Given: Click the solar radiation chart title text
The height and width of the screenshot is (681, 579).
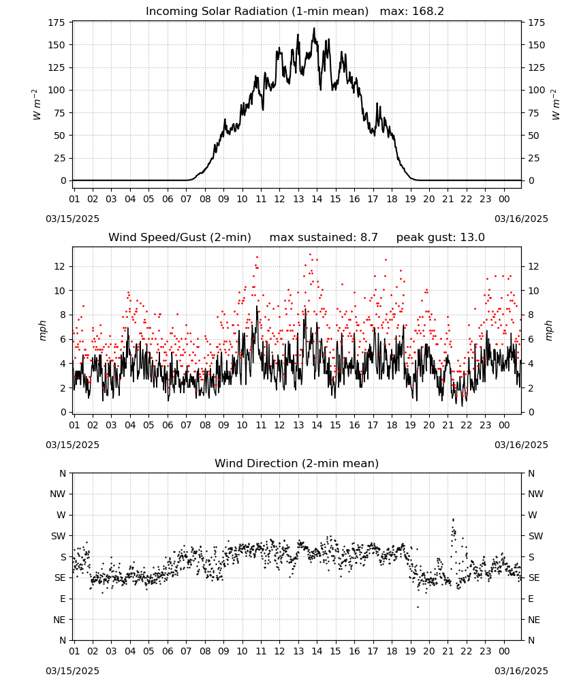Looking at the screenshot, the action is [x=257, y=12].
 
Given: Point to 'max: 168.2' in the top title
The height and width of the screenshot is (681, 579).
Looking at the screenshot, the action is [x=412, y=12].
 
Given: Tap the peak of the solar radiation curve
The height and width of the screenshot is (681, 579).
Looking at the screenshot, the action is [x=314, y=29].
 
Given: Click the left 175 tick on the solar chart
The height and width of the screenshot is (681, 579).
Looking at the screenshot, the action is [x=57, y=22].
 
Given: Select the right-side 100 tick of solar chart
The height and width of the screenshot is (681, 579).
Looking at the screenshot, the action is [x=537, y=91].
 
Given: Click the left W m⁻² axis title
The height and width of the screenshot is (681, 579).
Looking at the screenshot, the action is [x=37, y=105].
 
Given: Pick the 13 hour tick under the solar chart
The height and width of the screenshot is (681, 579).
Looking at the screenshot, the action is [x=298, y=199].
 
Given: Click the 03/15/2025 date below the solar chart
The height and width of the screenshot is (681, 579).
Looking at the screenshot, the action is [x=72, y=219].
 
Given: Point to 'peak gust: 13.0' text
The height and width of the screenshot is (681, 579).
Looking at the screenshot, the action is [x=441, y=238].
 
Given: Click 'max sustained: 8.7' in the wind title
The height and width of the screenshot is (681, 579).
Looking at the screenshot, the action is [x=324, y=238].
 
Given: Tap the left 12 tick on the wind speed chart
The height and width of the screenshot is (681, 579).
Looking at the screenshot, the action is [x=61, y=266].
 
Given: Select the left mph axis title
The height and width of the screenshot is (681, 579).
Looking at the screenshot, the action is [x=42, y=330].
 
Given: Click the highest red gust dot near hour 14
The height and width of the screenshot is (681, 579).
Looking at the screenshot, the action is [x=310, y=255].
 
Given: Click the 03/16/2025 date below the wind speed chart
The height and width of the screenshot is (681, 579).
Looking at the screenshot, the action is [x=521, y=445].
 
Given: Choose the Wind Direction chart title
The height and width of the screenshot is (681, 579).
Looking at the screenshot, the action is [x=297, y=463].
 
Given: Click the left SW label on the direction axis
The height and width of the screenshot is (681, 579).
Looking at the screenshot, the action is [x=59, y=536].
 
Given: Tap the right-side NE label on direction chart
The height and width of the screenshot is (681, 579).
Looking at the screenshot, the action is [x=534, y=620].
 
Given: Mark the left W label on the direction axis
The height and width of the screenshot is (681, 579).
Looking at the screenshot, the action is [x=61, y=515].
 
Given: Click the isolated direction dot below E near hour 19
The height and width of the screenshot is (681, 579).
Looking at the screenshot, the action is [x=418, y=607].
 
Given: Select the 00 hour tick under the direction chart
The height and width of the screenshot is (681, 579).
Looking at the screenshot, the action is [x=504, y=651].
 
